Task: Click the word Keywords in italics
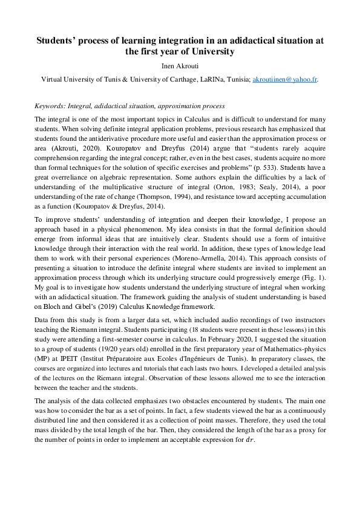pyautogui.click(x=50, y=105)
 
